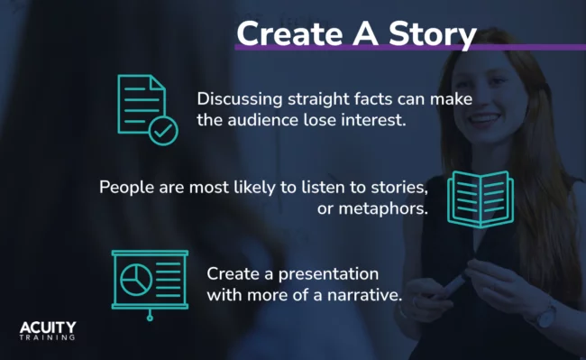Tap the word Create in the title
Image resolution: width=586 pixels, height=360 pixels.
(287, 34)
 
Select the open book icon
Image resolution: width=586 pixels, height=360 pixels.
(480, 198)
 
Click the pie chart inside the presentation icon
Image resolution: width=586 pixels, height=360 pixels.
(135, 279)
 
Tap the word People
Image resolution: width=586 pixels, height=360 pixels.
(125, 188)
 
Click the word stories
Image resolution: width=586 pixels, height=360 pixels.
(395, 188)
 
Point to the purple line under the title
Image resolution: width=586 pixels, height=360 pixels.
(410, 47)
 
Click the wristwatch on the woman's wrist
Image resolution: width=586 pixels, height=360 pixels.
(545, 316)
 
